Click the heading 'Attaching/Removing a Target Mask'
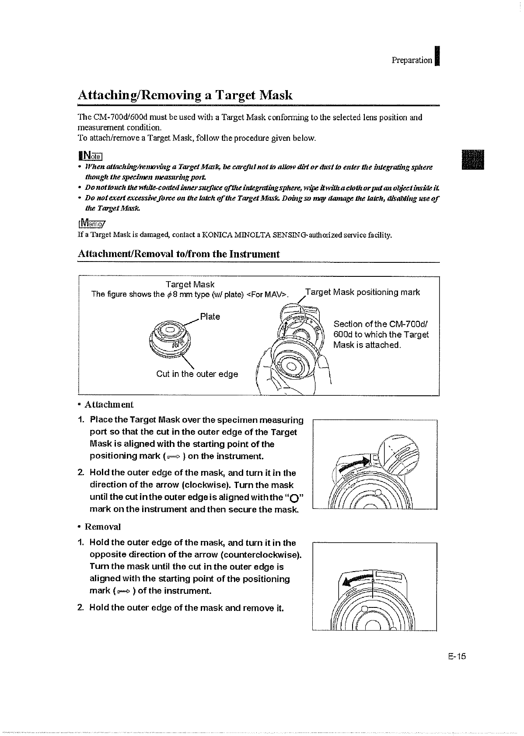[185, 95]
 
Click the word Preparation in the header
[412, 60]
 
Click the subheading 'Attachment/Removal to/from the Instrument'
[178, 254]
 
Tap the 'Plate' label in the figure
[210, 317]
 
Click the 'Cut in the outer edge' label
[197, 374]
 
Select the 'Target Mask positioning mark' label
[363, 292]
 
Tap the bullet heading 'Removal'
[102, 527]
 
